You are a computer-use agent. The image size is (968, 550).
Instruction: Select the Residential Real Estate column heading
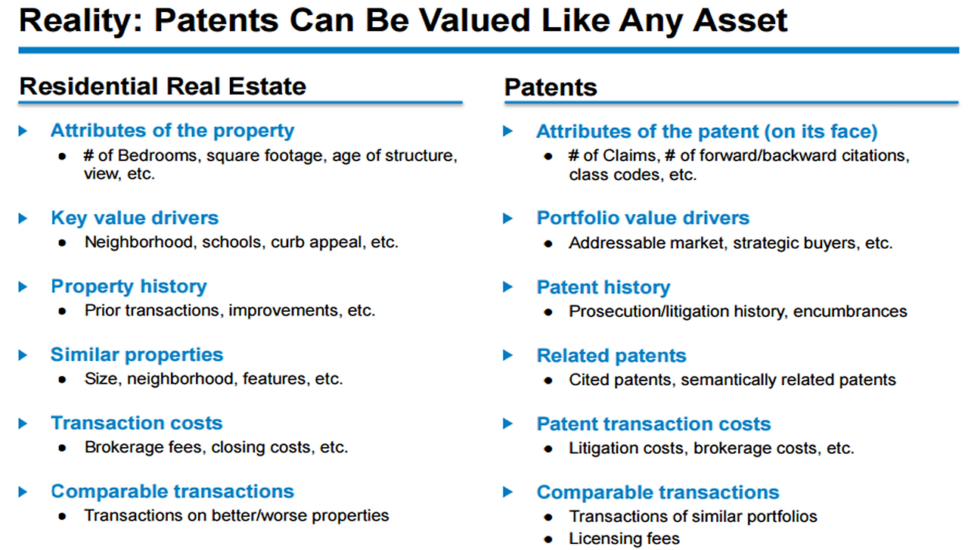point(163,86)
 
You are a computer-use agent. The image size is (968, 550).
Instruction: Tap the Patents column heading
point(551,88)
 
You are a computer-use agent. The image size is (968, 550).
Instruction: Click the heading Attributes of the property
point(172,130)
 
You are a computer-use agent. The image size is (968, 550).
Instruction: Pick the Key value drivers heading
point(135,218)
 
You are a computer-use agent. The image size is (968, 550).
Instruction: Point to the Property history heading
point(129,287)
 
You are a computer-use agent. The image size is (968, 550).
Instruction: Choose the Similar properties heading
point(137,355)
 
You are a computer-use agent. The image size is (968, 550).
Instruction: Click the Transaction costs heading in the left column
point(137,423)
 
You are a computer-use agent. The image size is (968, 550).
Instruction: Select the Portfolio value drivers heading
point(643,218)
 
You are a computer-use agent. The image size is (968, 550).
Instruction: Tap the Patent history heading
point(603,287)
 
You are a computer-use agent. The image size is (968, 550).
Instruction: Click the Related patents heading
point(611,356)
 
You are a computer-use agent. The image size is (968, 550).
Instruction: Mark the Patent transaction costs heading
point(653,424)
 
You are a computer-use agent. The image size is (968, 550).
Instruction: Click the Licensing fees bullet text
point(624,539)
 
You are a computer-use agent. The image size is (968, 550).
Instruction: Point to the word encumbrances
point(850,312)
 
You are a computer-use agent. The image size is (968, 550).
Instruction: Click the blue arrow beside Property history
point(23,287)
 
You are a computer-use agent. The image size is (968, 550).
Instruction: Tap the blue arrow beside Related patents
point(508,356)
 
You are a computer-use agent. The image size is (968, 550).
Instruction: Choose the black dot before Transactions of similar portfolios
point(548,517)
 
